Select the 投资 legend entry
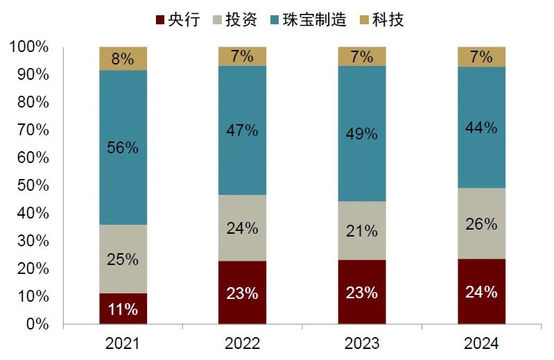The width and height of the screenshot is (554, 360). tap(234, 19)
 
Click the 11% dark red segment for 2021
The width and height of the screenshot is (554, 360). tap(123, 309)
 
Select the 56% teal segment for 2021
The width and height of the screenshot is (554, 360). tap(123, 147)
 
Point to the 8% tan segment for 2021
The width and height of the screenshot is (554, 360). tap(123, 58)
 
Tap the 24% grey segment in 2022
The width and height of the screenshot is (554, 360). tap(242, 228)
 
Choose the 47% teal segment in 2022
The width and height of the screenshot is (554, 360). tap(242, 130)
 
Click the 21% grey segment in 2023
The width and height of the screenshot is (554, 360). tap(361, 230)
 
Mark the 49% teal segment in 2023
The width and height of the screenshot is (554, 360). tap(361, 133)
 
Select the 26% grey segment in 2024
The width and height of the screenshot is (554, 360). tap(481, 223)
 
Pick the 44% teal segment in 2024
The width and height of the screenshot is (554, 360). tap(481, 127)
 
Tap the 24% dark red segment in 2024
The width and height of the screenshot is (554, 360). tap(481, 291)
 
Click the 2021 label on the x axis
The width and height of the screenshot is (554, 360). tap(123, 343)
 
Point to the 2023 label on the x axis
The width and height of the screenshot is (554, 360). tap(361, 343)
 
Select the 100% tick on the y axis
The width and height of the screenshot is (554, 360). tap(29, 47)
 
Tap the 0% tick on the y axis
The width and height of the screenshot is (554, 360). tap(37, 324)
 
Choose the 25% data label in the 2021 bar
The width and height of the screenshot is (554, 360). tap(123, 259)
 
